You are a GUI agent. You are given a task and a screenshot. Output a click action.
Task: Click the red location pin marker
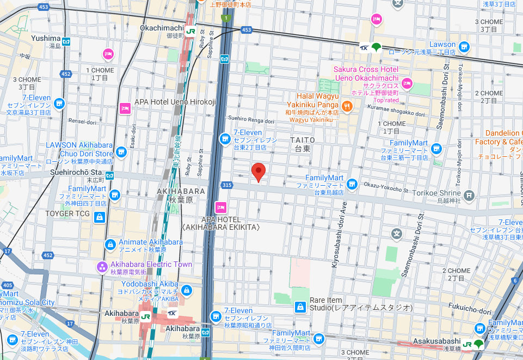point(260,172)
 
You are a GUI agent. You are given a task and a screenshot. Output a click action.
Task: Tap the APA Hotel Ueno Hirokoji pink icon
point(125,108)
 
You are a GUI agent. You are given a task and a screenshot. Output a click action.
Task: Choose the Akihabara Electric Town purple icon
point(102,266)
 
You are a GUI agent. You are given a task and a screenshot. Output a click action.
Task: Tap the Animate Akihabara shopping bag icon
point(110,244)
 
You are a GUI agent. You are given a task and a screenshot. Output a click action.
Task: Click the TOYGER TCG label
point(67,213)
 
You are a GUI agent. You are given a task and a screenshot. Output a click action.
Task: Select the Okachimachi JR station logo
point(190,31)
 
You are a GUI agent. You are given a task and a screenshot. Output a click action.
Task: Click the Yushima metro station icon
point(66,41)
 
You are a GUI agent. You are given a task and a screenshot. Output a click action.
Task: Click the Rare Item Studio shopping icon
point(299,307)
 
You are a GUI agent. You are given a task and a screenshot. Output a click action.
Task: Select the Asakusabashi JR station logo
point(467,344)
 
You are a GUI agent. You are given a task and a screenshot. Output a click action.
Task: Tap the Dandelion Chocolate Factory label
point(503,137)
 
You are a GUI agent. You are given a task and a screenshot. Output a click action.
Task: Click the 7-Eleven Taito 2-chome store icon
point(224,139)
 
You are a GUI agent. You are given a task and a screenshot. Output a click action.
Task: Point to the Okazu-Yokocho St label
point(385,187)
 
